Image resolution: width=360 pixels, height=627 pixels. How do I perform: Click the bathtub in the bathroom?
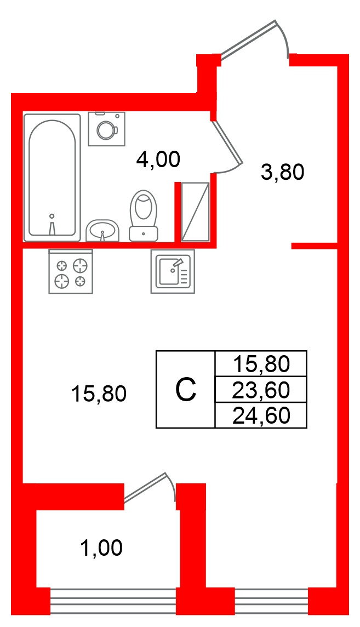pyautogui.click(x=53, y=178)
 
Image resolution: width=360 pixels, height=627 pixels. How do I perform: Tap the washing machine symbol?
pyautogui.click(x=106, y=129)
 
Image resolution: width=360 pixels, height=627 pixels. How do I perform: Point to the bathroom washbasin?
pyautogui.click(x=102, y=231)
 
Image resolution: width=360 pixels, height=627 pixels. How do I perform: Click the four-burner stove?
pyautogui.click(x=71, y=271)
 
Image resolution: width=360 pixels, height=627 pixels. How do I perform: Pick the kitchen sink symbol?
pyautogui.click(x=173, y=271)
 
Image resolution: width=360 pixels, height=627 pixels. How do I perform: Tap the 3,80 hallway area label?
pyautogui.click(x=283, y=172)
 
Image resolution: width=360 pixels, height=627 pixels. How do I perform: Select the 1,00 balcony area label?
pyautogui.click(x=101, y=548)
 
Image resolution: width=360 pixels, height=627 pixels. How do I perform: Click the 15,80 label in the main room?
pyautogui.click(x=99, y=393)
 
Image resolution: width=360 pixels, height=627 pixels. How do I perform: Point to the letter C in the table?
pyautogui.click(x=186, y=390)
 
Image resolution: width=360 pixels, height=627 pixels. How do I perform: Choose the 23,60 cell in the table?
pyautogui.click(x=261, y=390)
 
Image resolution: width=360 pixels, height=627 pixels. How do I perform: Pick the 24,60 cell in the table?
pyautogui.click(x=261, y=415)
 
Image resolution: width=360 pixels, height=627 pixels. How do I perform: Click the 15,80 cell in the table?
pyautogui.click(x=261, y=364)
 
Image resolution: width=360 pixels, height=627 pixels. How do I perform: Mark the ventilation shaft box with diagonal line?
pyautogui.click(x=196, y=212)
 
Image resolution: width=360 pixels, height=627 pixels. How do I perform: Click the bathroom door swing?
pyautogui.click(x=227, y=146)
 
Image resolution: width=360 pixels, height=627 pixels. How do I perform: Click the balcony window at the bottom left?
pyautogui.click(x=113, y=601)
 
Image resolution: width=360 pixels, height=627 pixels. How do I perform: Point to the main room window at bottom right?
pyautogui.click(x=271, y=601)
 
